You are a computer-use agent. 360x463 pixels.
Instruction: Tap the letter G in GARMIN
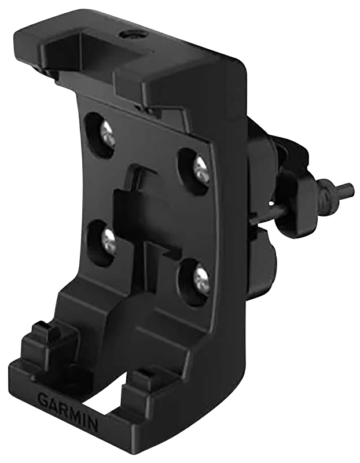[43, 398]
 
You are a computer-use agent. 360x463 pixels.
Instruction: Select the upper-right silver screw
[201, 169]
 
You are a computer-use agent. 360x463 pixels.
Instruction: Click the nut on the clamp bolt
[328, 196]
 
